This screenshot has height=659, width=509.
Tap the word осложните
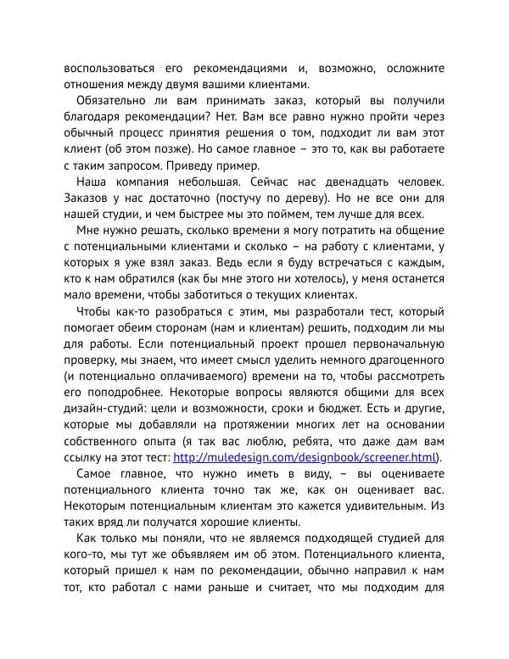pyautogui.click(x=411, y=68)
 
